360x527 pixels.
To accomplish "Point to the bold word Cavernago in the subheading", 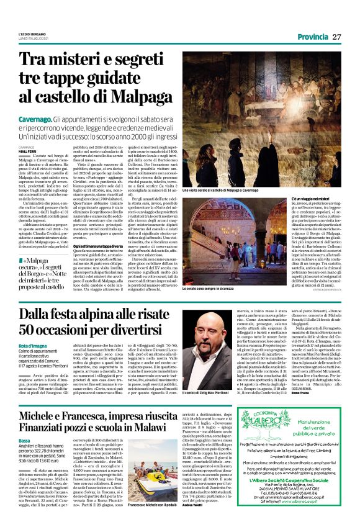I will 38,117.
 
